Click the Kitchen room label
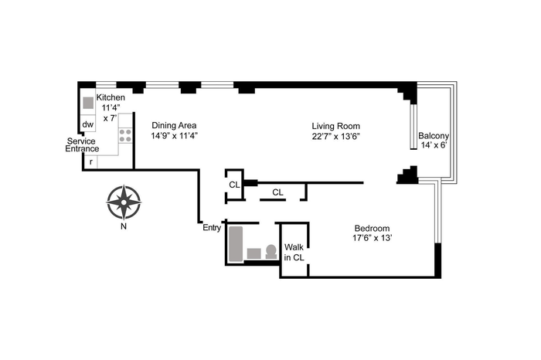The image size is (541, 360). click(x=111, y=97)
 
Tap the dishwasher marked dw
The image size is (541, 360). click(x=88, y=124)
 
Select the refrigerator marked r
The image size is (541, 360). click(x=90, y=161)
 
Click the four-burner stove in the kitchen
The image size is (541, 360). click(x=125, y=135)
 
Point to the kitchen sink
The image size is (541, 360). click(x=88, y=103)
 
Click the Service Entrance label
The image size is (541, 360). click(x=82, y=144)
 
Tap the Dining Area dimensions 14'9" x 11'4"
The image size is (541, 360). click(x=174, y=136)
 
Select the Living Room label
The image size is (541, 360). click(x=335, y=126)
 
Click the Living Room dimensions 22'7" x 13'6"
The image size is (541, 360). click(x=335, y=136)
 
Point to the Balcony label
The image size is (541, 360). click(x=434, y=135)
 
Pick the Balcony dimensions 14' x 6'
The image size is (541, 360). click(x=434, y=145)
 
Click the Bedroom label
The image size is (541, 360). click(x=372, y=228)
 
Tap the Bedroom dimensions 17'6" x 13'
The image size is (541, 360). click(x=372, y=238)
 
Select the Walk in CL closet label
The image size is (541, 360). click(x=294, y=253)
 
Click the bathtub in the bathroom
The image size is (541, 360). click(x=236, y=243)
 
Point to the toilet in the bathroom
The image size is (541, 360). click(x=271, y=252)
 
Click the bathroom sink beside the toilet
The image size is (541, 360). click(x=254, y=254)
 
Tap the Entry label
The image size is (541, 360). click(x=212, y=228)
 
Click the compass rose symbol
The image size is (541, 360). click(x=124, y=202)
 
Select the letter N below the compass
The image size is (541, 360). click(x=124, y=226)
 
